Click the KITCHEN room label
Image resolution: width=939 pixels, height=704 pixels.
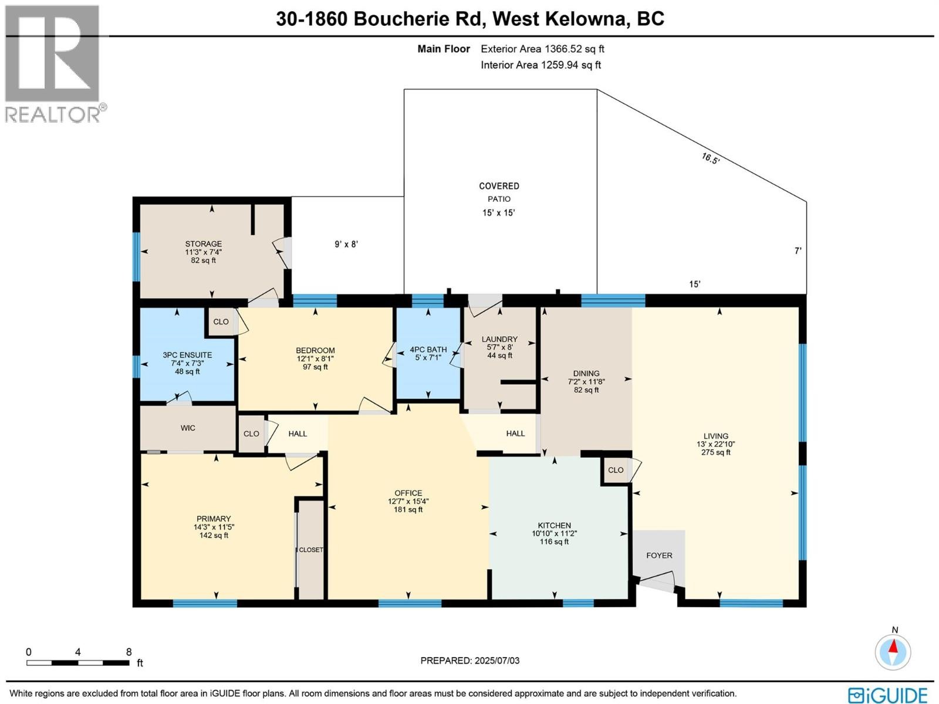click(x=554, y=526)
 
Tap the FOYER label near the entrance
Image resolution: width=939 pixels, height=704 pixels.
click(x=659, y=555)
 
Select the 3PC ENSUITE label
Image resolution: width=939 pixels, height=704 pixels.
click(x=187, y=355)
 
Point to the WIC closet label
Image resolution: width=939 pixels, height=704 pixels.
click(x=188, y=428)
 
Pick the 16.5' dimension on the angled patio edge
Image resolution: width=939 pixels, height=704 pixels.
click(x=710, y=158)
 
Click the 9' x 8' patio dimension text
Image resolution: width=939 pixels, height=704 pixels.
click(x=346, y=244)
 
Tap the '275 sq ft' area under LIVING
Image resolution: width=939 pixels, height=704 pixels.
click(x=715, y=452)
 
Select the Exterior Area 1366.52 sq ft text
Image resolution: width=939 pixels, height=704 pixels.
click(x=542, y=49)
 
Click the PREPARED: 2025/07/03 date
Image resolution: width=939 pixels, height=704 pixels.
click(x=469, y=661)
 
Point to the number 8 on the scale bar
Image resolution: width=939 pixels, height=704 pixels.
click(x=129, y=652)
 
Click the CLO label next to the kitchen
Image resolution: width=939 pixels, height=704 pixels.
click(x=616, y=470)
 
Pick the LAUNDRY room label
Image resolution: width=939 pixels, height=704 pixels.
click(x=499, y=339)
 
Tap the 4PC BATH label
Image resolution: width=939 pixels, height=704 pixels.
click(x=428, y=350)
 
